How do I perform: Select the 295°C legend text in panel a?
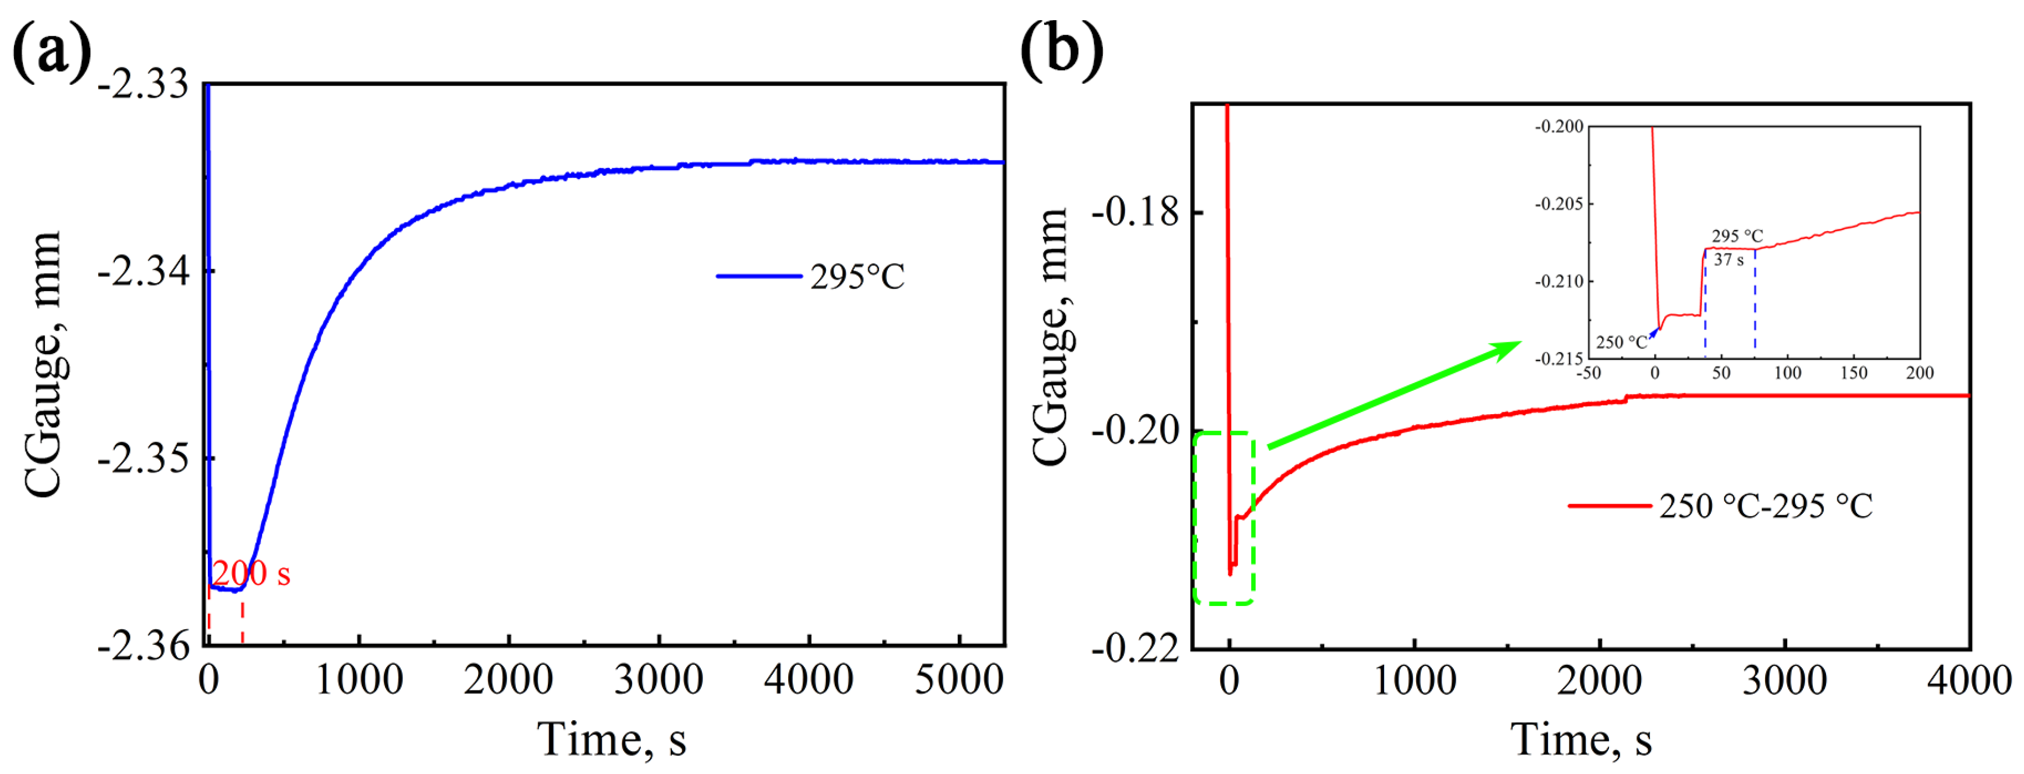(x=857, y=277)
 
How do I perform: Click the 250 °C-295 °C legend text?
(x=1766, y=506)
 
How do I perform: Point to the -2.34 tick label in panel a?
(x=144, y=272)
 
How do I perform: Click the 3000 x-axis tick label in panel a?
(x=658, y=679)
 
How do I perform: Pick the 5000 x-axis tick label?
(x=959, y=679)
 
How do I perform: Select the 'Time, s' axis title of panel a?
(x=611, y=739)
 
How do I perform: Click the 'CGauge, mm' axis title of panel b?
(x=1051, y=338)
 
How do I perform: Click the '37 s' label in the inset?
(x=1728, y=260)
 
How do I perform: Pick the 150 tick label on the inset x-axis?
(x=1853, y=372)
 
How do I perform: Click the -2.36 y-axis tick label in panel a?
(x=144, y=646)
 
